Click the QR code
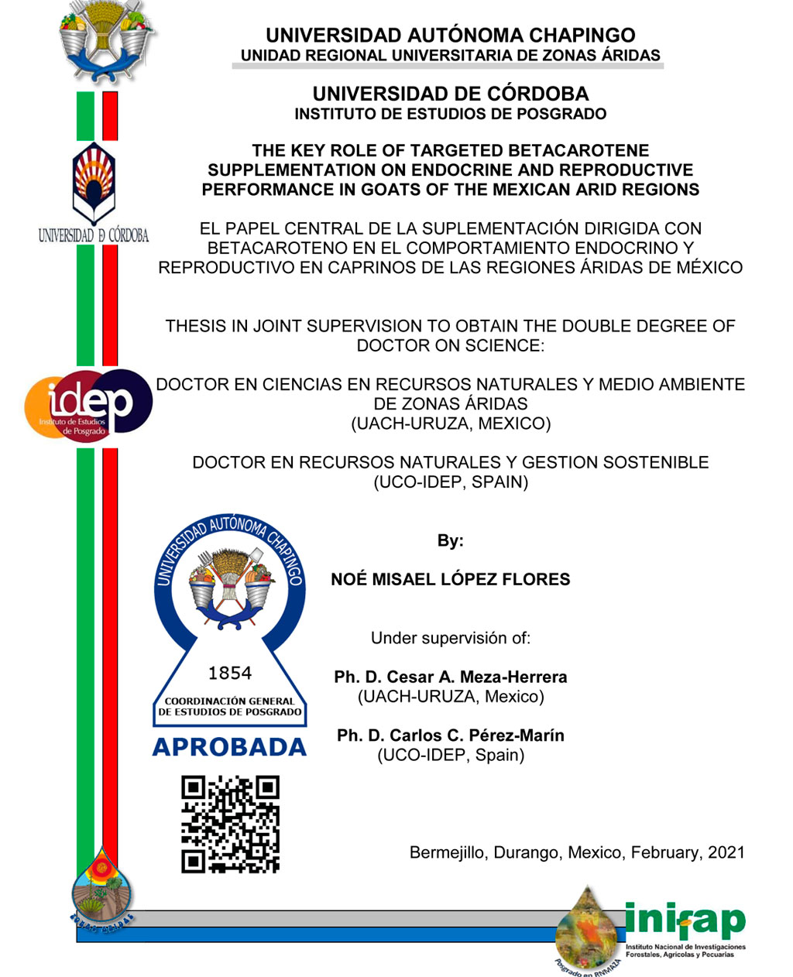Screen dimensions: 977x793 tap(230, 824)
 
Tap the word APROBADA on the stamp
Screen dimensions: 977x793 tap(230, 747)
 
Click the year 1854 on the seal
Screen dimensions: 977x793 tap(230, 673)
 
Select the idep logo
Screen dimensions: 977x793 tap(88, 404)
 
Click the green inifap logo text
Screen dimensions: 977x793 tap(685, 921)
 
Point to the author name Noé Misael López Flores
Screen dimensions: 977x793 tap(450, 579)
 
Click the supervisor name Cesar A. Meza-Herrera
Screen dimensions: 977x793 tap(476, 677)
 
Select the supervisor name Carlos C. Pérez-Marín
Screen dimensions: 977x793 tap(476, 735)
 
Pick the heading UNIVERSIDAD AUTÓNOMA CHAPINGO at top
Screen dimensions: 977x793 tap(450, 35)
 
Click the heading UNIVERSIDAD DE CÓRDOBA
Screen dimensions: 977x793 tap(450, 94)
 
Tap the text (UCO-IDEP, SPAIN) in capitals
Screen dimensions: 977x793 tap(450, 482)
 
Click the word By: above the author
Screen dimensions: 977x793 tap(450, 540)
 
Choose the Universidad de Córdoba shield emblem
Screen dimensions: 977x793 tap(92, 182)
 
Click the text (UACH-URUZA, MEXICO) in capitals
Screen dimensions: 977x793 tap(450, 423)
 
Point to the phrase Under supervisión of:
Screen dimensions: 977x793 tap(450, 638)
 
